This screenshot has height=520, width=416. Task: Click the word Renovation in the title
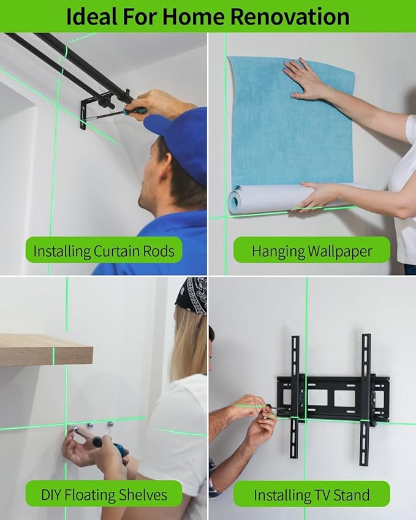coord(290,17)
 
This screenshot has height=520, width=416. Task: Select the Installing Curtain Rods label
coord(104,251)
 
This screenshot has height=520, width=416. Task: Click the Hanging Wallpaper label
coord(312,251)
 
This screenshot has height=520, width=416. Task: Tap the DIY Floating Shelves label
coord(104,494)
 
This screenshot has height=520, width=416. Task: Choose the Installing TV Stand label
coord(312,494)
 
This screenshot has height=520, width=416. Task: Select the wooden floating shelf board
coord(46,350)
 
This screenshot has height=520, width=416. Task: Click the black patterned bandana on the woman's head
coord(192,295)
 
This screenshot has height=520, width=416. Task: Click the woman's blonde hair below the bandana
coord(187,345)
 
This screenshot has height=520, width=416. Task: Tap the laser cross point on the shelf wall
coord(66,424)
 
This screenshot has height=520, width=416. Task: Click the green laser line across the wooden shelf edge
coord(53,355)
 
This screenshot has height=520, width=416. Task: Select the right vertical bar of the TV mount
coord(365,399)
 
